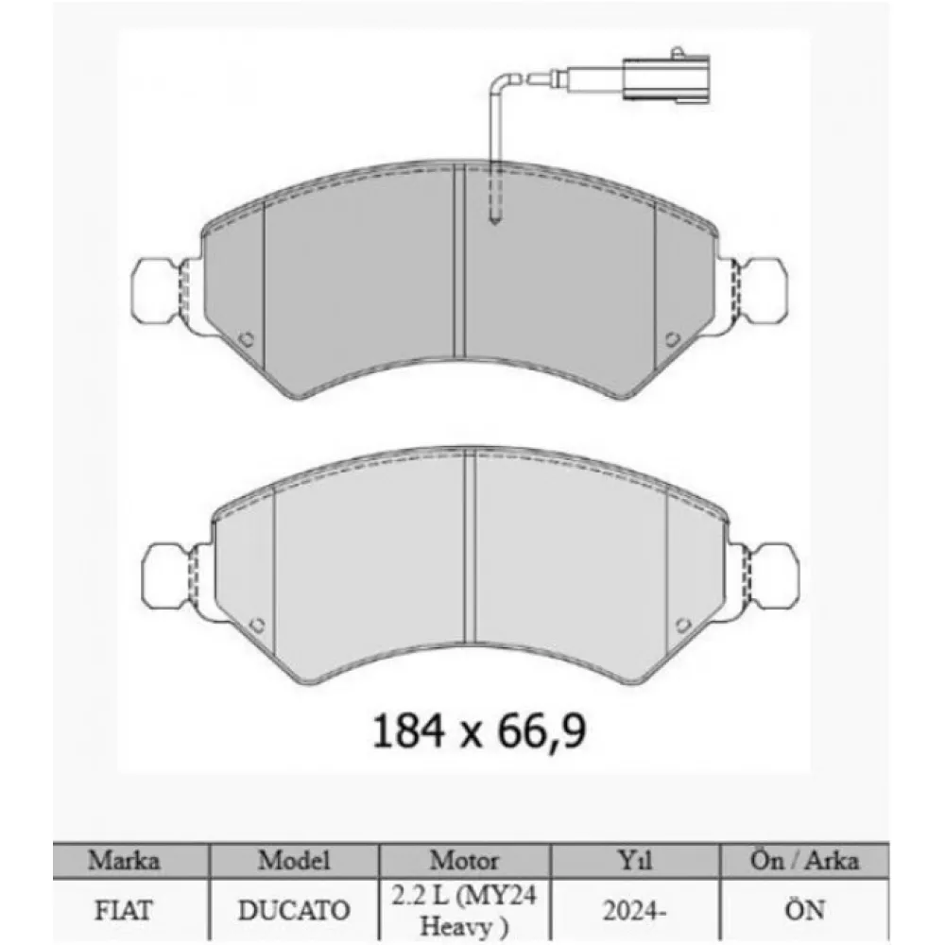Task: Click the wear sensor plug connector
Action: (666, 77)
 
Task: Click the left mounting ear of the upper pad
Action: (156, 292)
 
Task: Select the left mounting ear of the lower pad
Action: (165, 576)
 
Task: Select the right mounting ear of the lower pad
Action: (774, 576)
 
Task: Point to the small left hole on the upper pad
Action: (246, 339)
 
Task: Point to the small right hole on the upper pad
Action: (673, 339)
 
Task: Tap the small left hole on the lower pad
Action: (257, 625)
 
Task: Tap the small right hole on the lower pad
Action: (683, 625)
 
